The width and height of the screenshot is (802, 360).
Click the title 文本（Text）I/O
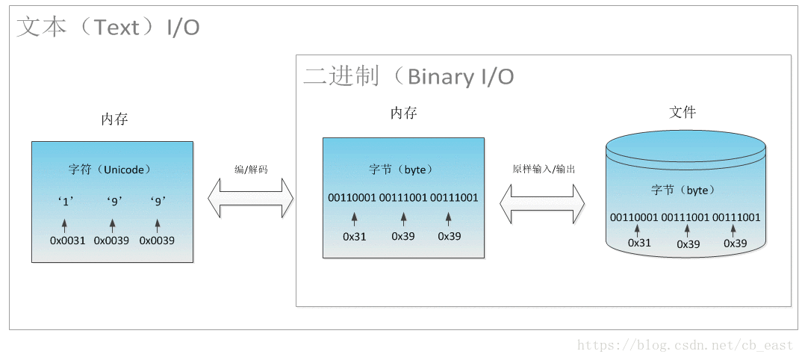[108, 28]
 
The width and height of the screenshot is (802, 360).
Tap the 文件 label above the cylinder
[682, 113]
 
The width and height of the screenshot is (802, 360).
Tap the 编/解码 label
[251, 170]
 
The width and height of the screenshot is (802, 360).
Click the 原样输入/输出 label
[543, 170]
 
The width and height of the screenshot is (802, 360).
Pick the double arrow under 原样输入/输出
[542, 204]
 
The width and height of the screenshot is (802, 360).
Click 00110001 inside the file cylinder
[634, 217]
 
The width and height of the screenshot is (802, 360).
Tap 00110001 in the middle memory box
[352, 198]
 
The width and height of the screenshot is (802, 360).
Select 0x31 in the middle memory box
[354, 236]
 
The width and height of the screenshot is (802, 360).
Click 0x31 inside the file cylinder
[639, 243]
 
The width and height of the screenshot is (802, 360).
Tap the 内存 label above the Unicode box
[115, 120]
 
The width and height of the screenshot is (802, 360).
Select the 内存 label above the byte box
[403, 114]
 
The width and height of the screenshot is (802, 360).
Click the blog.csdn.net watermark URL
[685, 345]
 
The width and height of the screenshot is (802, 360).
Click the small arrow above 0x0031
[64, 224]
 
